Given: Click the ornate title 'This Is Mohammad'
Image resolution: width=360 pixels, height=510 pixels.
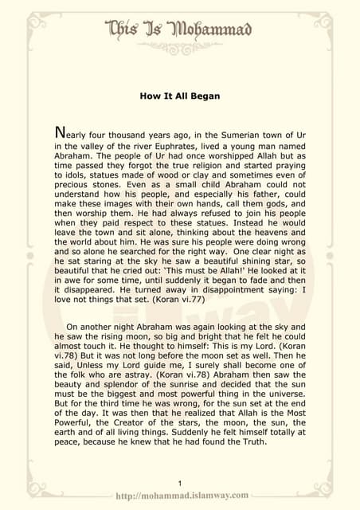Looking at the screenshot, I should coord(179,31).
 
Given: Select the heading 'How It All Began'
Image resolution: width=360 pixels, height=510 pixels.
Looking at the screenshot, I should coord(179,96).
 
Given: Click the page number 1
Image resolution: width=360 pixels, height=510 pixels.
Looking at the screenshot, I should coord(181,483).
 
